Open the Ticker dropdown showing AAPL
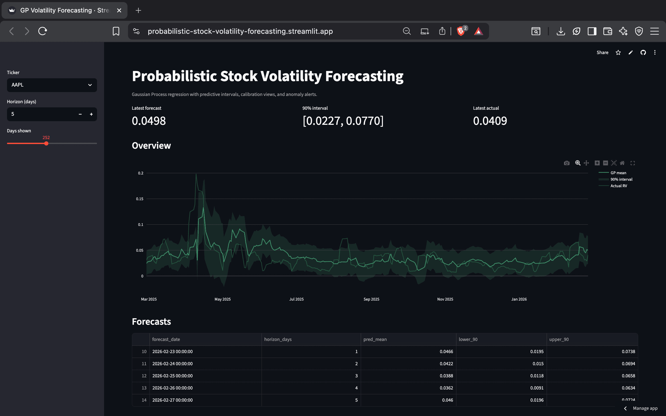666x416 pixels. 52,85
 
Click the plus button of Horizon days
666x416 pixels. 91,114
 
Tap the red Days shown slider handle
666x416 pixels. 46,143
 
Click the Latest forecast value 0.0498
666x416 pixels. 149,121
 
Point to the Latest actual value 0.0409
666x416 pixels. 490,121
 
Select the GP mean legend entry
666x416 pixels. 618,173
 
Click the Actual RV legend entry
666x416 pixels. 618,186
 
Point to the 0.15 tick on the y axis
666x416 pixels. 139,199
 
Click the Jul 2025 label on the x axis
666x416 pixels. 296,299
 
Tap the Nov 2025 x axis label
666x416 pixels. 445,299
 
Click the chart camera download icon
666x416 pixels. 567,163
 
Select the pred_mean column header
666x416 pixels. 375,340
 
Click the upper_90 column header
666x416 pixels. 559,340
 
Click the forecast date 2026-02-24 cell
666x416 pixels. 172,364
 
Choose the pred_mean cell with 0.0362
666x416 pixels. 446,388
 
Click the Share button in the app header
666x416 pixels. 603,53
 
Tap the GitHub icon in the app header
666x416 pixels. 643,53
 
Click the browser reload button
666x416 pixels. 43,31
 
